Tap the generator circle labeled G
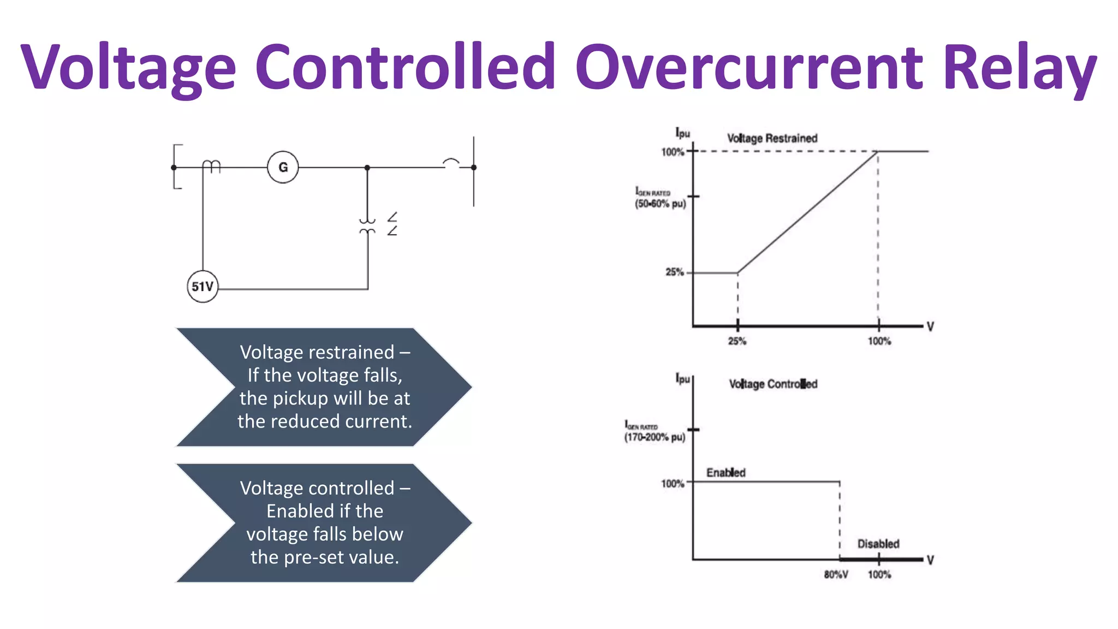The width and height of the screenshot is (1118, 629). (x=283, y=167)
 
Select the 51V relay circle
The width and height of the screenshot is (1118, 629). (x=203, y=287)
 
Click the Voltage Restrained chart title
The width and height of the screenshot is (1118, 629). (x=772, y=138)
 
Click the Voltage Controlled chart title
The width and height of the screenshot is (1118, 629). (x=773, y=384)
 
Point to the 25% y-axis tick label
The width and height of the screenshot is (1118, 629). (x=674, y=272)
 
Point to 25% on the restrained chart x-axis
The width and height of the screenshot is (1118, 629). (x=737, y=341)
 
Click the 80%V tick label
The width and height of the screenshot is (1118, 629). (x=836, y=574)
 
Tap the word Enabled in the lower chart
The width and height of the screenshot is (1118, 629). (x=725, y=472)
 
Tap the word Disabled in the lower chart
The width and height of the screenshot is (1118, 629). (x=878, y=544)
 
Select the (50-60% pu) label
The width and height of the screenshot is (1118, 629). (x=660, y=204)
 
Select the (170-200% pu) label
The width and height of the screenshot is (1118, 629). (x=655, y=437)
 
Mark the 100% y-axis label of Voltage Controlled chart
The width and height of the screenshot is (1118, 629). (x=672, y=484)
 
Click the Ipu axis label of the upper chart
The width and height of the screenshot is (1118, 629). (x=682, y=133)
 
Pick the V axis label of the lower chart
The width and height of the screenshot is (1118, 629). (x=930, y=560)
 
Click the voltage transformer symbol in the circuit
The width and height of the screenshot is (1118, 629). (x=367, y=226)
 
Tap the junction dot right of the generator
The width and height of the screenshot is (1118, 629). (x=367, y=168)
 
